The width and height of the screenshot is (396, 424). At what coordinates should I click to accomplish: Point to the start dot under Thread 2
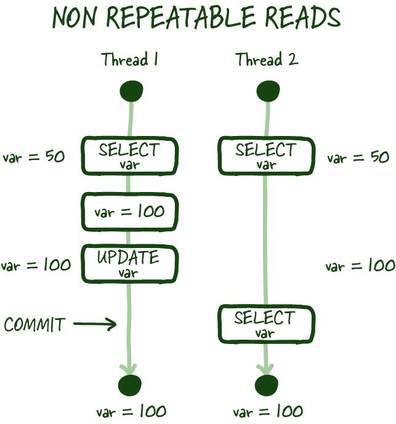click(267, 92)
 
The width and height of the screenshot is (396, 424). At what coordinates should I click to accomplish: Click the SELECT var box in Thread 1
click(129, 155)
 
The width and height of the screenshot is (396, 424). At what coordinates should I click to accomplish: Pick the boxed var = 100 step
click(129, 212)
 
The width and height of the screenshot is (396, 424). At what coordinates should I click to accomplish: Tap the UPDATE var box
click(129, 264)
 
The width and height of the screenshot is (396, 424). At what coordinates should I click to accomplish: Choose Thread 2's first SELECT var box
click(266, 155)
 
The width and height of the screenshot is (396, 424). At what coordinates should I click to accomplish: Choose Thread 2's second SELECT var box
click(266, 324)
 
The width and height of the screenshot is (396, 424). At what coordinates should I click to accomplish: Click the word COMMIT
click(34, 324)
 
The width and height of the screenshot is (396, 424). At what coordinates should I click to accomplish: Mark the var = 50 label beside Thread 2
click(358, 158)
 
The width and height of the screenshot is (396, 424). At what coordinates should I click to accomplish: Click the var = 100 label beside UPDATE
click(35, 265)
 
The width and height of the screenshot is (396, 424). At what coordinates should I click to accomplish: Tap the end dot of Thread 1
click(131, 385)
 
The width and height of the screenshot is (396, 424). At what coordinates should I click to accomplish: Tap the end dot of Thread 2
click(267, 385)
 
